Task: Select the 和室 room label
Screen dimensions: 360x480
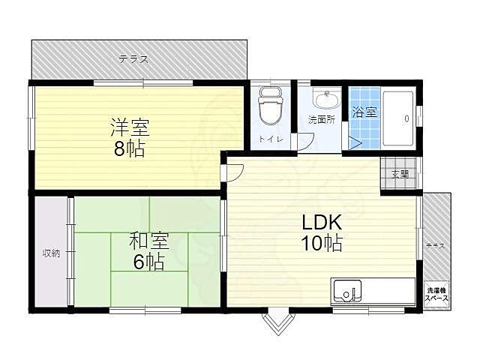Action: click(149, 241)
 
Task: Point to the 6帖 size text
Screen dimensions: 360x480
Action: click(149, 262)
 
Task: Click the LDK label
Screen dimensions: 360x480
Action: click(322, 223)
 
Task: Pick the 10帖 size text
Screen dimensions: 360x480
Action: click(322, 243)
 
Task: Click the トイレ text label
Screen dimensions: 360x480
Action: click(268, 139)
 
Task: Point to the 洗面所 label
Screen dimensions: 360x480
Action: click(321, 120)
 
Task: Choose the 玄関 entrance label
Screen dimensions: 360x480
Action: click(400, 174)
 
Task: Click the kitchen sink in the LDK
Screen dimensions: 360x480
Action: click(347, 290)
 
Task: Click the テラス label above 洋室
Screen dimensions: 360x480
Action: click(133, 59)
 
